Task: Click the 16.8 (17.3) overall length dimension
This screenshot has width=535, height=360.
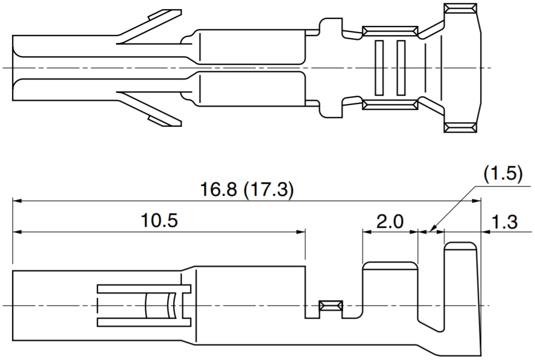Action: (247, 190)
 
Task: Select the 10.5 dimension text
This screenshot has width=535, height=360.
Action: (159, 221)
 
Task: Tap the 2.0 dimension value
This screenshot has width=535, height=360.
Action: (390, 222)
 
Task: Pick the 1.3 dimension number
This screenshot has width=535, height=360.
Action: (505, 222)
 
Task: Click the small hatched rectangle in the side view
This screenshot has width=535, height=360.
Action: (330, 306)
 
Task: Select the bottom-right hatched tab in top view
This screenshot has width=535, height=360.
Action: (460, 127)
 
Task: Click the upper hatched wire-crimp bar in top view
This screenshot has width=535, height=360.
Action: (390, 31)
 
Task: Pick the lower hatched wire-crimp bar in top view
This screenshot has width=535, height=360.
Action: (390, 104)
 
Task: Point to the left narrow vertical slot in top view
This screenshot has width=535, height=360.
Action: (379, 68)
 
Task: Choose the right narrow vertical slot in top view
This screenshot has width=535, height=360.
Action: (401, 68)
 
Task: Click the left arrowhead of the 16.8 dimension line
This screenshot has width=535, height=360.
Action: (17, 201)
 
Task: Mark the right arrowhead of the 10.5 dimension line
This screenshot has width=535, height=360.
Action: (300, 232)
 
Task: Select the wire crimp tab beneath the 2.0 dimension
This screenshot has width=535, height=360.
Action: (390, 290)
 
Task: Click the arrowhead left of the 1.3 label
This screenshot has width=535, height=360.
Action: (485, 232)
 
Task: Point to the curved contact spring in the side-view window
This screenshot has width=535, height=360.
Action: (170, 305)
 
